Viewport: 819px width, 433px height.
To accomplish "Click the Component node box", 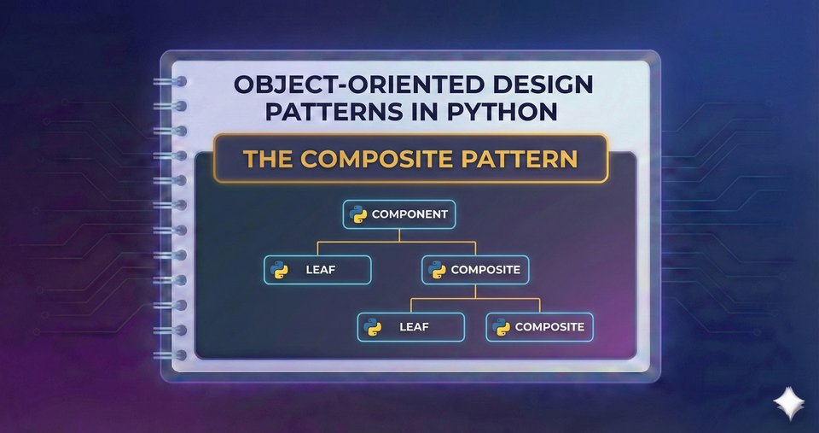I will (x=399, y=214).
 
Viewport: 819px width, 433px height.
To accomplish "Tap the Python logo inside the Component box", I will (x=358, y=214).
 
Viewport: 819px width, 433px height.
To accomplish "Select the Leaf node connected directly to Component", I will (x=317, y=270).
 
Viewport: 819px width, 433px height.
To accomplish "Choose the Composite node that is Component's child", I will (x=476, y=270).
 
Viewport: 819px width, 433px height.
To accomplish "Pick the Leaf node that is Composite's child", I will (x=410, y=327).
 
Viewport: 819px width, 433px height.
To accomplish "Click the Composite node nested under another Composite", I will (x=538, y=327).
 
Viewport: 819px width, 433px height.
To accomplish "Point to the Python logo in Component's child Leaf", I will (x=279, y=271).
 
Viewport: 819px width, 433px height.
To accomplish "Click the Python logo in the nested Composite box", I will (x=501, y=327).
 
